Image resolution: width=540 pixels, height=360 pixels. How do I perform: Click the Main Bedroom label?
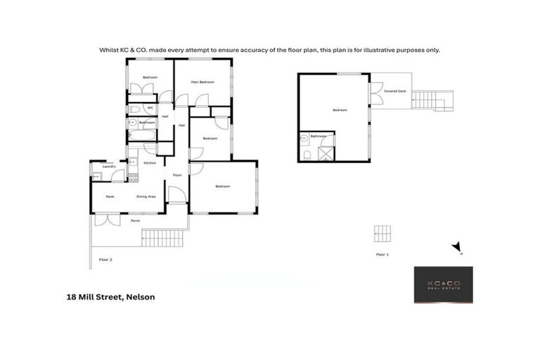point(202,82)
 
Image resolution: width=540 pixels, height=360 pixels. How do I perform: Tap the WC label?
point(150,108)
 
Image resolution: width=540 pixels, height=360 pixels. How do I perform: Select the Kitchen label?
point(150,163)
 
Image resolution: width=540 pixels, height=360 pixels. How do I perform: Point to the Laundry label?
point(109,166)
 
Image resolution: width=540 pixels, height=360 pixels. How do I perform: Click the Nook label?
point(110,197)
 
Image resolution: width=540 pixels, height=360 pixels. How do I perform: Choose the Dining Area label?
point(146,197)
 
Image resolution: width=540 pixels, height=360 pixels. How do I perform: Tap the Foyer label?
point(177,175)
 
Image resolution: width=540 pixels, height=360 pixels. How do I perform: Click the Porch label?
point(135,221)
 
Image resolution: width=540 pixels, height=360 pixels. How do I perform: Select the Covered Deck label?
point(395,91)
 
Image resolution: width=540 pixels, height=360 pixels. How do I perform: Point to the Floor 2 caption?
point(106,260)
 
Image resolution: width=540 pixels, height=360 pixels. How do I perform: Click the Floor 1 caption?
point(382,254)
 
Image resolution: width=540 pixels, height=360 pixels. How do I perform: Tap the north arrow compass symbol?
point(457,247)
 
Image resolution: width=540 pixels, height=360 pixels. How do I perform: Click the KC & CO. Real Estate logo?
point(443,285)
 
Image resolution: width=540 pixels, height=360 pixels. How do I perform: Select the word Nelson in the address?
point(140,297)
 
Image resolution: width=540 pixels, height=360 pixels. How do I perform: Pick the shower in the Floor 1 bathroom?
point(326,154)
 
